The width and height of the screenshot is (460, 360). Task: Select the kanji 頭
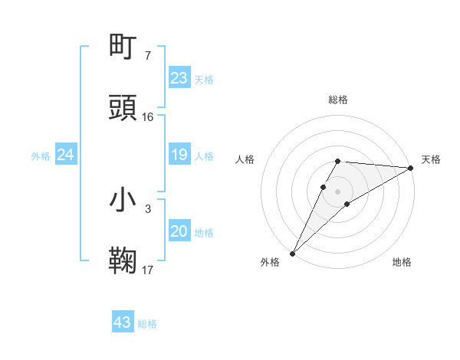pyautogui.click(x=124, y=108)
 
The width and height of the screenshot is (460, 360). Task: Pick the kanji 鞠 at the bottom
pyautogui.click(x=124, y=261)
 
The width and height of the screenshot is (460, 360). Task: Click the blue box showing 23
pyautogui.click(x=179, y=78)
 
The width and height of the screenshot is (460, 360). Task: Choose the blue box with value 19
pyautogui.click(x=179, y=155)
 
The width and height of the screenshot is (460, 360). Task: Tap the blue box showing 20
pyautogui.click(x=179, y=231)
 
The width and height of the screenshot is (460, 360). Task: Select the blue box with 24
pyautogui.click(x=66, y=155)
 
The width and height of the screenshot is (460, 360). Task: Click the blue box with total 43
pyautogui.click(x=123, y=322)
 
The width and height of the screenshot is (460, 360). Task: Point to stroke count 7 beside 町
pyautogui.click(x=147, y=56)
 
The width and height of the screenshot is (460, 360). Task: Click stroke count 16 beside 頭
pyautogui.click(x=148, y=117)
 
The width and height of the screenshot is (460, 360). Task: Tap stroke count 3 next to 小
pyautogui.click(x=147, y=208)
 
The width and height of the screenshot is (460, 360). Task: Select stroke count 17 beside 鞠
pyautogui.click(x=148, y=270)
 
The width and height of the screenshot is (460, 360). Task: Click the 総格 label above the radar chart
pyautogui.click(x=338, y=100)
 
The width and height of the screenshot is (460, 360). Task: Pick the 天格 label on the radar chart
pyautogui.click(x=431, y=159)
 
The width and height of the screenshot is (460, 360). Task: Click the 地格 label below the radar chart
pyautogui.click(x=402, y=262)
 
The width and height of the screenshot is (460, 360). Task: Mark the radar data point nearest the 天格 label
pyautogui.click(x=411, y=168)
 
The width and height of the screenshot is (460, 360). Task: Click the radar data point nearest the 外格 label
pyautogui.click(x=292, y=253)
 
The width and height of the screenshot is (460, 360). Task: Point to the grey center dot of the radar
pyautogui.click(x=338, y=191)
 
